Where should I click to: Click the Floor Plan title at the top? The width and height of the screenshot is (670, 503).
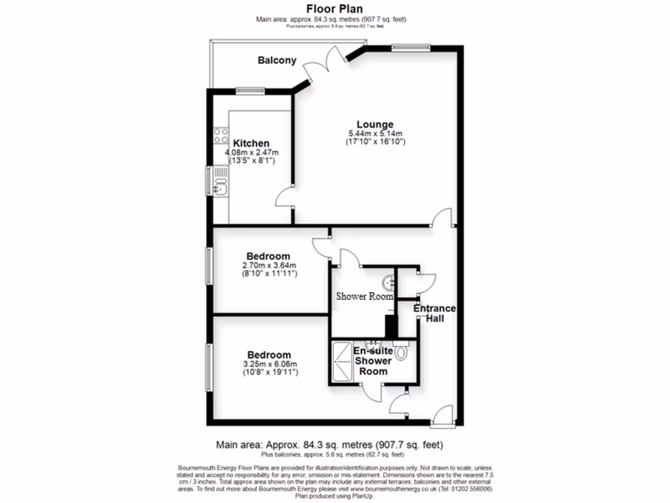pos(334,9)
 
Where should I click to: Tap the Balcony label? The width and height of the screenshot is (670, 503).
pos(277,60)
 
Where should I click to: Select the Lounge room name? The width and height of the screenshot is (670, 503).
pos(375,124)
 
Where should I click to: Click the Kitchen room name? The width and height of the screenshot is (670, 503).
pos(251,143)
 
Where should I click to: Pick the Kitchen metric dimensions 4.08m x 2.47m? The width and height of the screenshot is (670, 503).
pos(251,153)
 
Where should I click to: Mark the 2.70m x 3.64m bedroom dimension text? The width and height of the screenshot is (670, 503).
pos(268,265)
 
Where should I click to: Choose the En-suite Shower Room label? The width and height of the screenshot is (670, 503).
pos(372,361)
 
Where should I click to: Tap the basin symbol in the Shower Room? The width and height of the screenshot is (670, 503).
pos(391,282)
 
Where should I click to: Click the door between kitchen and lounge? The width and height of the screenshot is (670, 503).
pos(284,198)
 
